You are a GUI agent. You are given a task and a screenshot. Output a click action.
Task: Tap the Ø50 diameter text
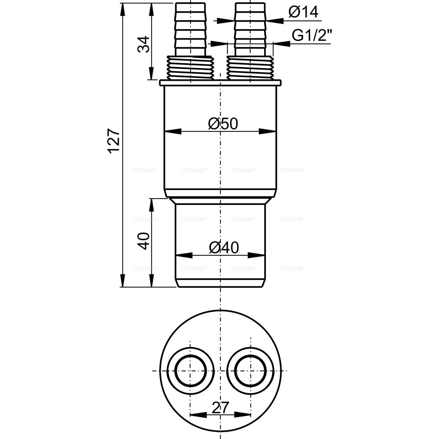223,124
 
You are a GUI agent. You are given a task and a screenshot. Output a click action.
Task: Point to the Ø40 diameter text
224,248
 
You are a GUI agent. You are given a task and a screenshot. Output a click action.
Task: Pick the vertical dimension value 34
145,44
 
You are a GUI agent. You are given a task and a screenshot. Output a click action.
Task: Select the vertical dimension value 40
145,241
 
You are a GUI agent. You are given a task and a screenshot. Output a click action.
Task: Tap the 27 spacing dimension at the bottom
221,408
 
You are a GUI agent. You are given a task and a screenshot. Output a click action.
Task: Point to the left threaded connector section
191,67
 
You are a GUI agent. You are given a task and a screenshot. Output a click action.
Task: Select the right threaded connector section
250,67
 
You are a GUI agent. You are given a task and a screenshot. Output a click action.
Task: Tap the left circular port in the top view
190,371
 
